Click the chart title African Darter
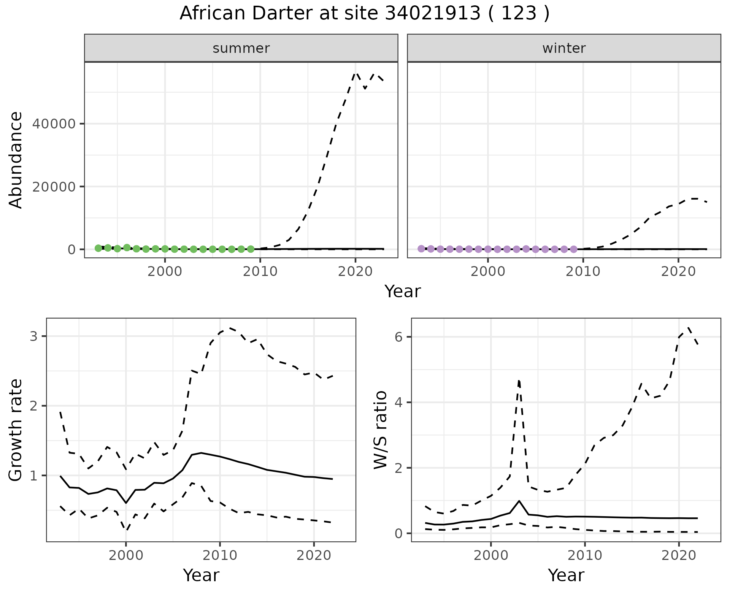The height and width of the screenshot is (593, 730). (364, 14)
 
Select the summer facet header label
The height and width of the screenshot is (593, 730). (241, 48)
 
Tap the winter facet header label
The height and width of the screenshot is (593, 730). (564, 48)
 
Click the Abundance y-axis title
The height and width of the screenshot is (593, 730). (16, 160)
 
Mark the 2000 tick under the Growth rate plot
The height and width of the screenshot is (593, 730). (126, 555)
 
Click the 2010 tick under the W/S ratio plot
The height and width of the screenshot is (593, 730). (585, 555)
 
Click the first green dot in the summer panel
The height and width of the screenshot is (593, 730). (98, 248)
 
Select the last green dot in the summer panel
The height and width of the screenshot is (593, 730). (251, 249)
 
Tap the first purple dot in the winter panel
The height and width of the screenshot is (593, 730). (421, 249)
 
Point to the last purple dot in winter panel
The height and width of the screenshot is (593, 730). (574, 249)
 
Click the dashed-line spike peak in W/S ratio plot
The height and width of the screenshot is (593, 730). (519, 381)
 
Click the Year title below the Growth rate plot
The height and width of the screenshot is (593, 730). (201, 575)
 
